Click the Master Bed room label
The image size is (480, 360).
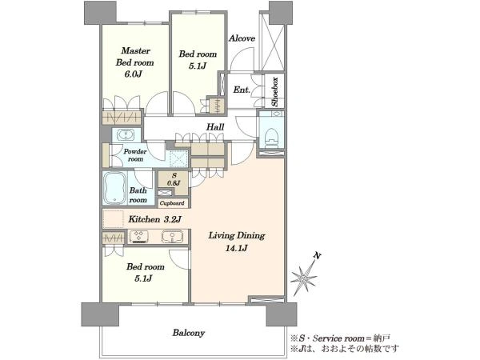(134, 57)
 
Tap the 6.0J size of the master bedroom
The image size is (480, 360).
(133, 74)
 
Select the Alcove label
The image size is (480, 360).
(242, 38)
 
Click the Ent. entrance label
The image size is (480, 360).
(242, 90)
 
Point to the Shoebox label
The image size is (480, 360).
(275, 91)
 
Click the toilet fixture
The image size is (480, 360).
(272, 138)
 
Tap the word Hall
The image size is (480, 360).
(215, 126)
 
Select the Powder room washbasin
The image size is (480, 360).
(126, 134)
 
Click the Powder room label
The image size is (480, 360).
(135, 155)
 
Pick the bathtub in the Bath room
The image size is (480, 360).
(114, 188)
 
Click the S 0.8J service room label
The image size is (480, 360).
(174, 179)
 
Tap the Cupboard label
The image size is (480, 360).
(172, 203)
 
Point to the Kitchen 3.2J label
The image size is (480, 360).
(155, 219)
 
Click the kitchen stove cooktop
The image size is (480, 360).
(139, 237)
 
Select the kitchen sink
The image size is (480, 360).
(172, 237)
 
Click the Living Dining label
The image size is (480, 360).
(237, 235)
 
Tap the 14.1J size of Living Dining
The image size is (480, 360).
(236, 248)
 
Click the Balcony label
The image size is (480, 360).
(189, 333)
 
